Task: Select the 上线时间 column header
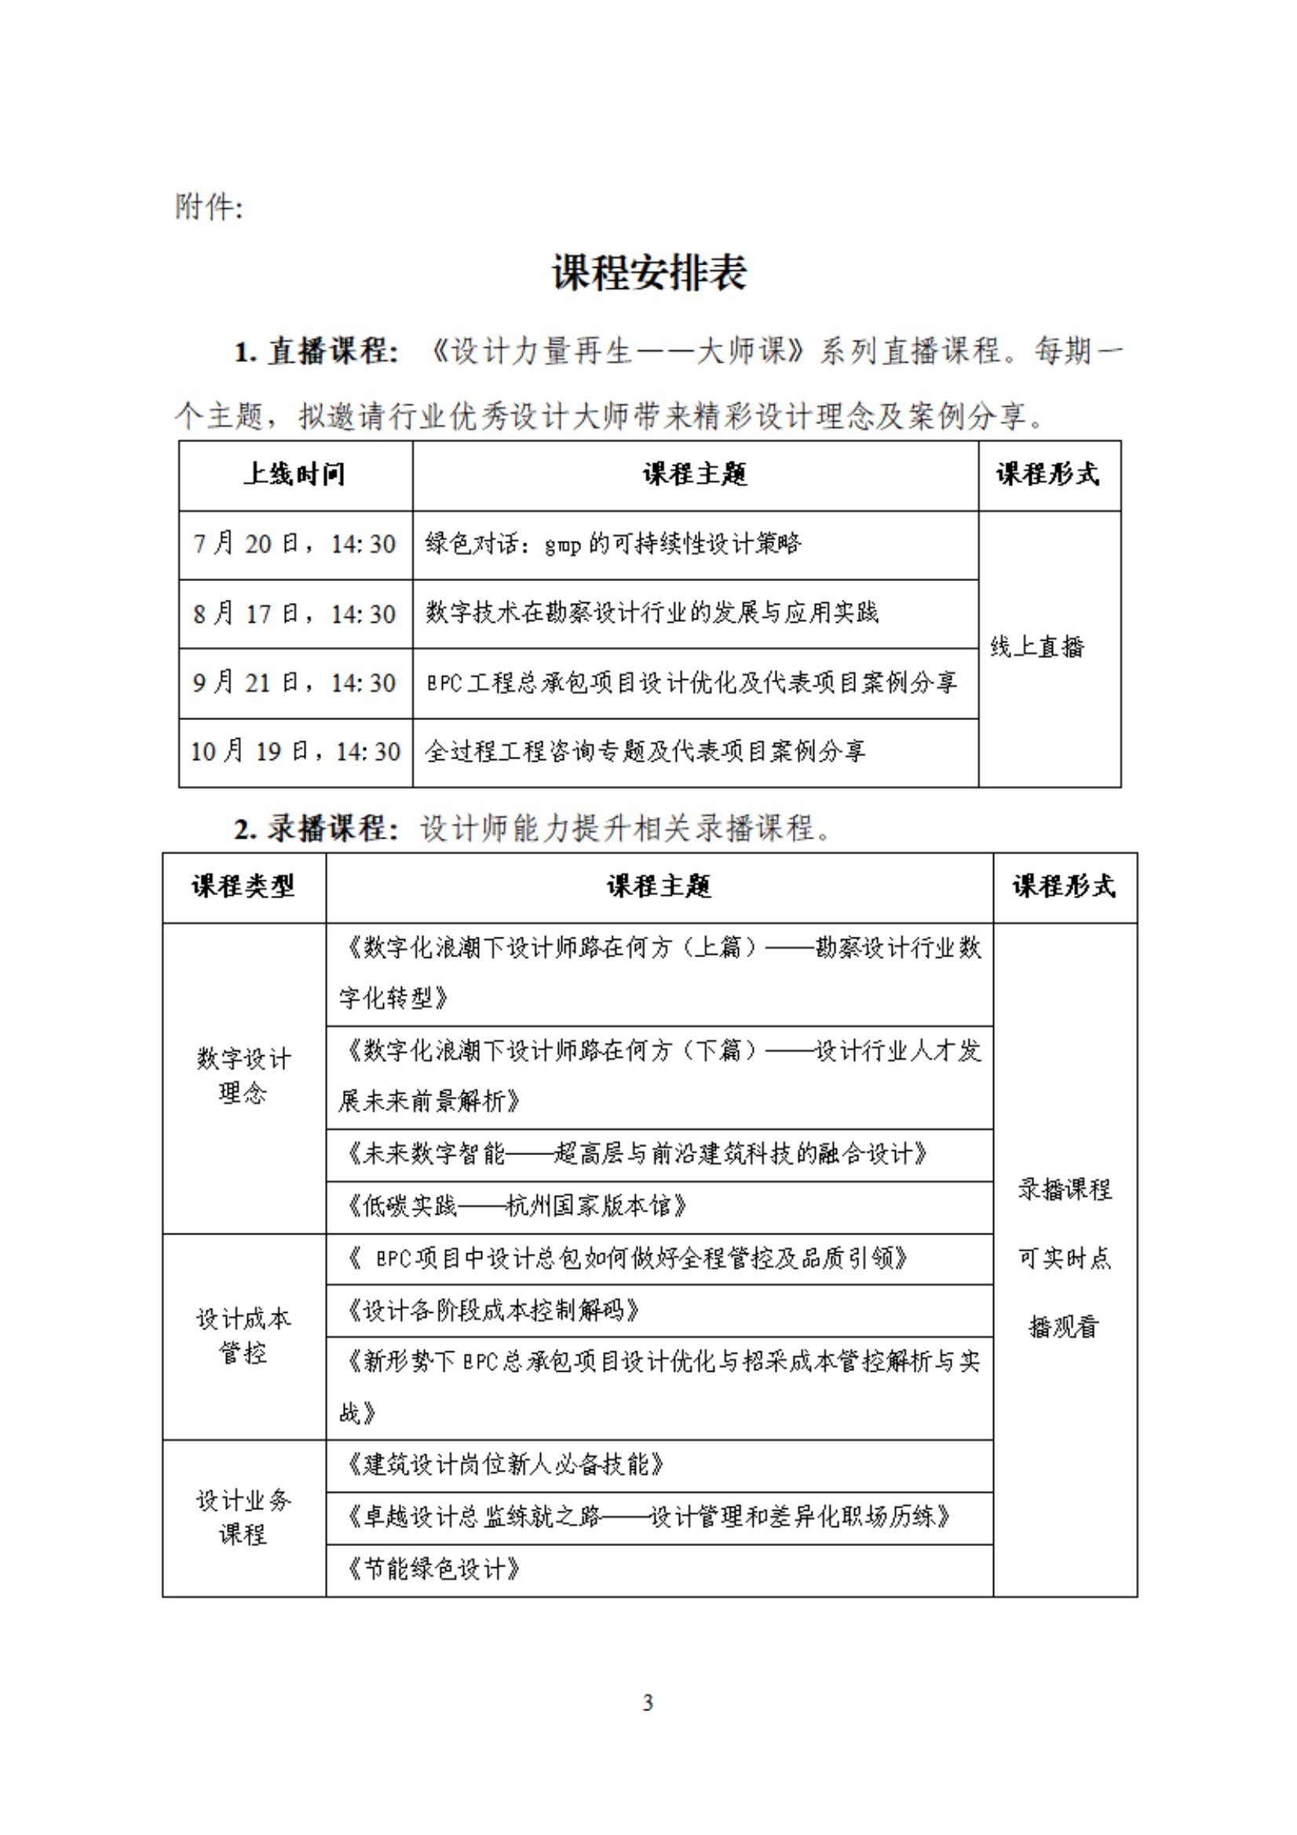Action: click(x=295, y=475)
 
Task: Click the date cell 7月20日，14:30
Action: click(x=295, y=544)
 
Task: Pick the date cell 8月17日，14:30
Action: click(x=295, y=614)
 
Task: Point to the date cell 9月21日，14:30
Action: click(x=295, y=682)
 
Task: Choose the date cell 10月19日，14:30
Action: click(x=295, y=751)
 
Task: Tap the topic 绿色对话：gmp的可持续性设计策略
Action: click(x=613, y=544)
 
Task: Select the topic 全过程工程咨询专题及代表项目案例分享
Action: click(x=645, y=751)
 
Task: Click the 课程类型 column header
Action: click(x=243, y=886)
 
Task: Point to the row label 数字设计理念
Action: click(x=243, y=1076)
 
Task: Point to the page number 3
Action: click(x=648, y=1702)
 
